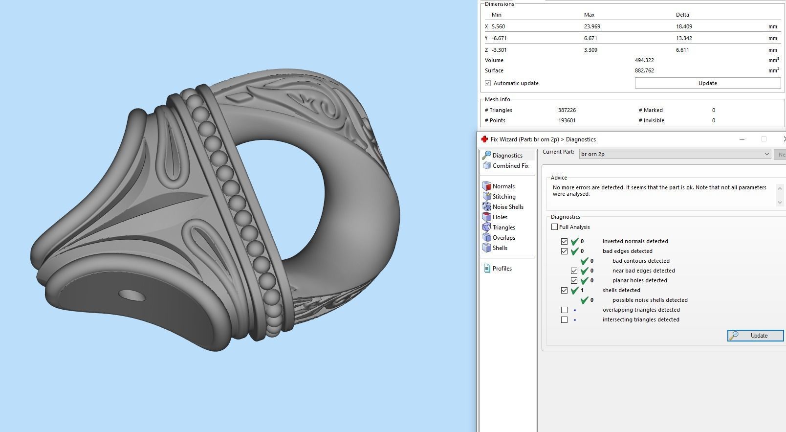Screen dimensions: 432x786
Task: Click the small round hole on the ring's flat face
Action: pos(132,296)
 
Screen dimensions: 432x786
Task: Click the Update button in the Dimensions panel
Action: pos(707,83)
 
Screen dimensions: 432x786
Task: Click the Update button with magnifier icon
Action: pos(755,336)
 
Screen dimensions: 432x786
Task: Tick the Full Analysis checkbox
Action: pos(554,227)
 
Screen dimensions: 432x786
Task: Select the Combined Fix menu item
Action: pos(510,166)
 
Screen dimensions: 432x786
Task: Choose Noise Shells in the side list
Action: pos(507,207)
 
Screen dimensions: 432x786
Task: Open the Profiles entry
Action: pos(502,269)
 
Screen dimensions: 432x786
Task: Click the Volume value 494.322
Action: pos(644,60)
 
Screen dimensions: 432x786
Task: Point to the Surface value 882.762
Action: pos(644,70)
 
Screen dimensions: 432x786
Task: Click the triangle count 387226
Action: pos(568,110)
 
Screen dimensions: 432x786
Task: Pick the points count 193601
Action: pos(567,120)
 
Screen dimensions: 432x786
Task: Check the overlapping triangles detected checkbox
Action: pos(564,310)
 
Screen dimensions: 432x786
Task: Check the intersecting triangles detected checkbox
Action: pos(564,320)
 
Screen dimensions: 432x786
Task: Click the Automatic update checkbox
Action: pos(488,83)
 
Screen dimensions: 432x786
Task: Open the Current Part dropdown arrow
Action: pos(766,154)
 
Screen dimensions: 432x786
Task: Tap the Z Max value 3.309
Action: pos(590,50)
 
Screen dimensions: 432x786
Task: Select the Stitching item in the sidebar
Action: pos(503,197)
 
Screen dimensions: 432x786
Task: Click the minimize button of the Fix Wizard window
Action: pos(742,139)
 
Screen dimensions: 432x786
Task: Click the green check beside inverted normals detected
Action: pos(575,241)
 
